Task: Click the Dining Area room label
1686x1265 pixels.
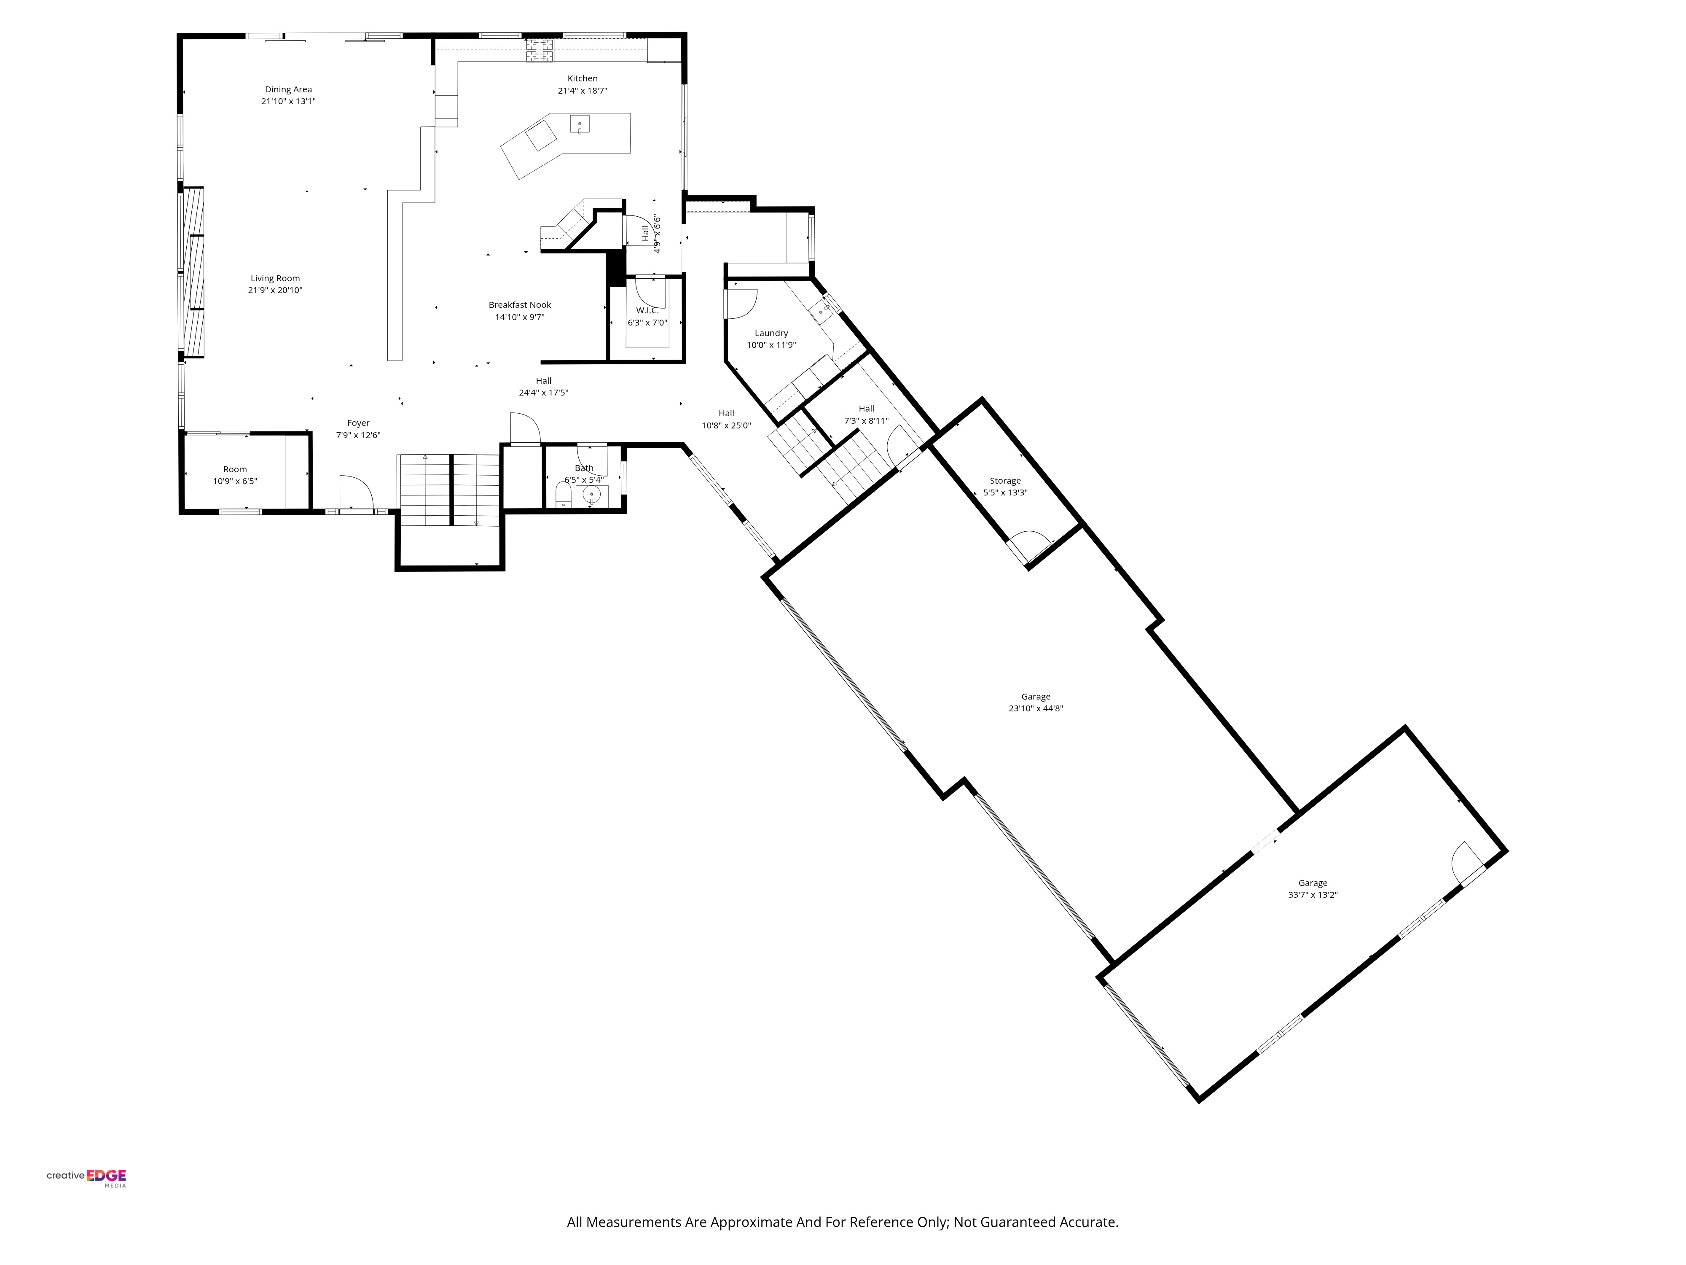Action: [288, 89]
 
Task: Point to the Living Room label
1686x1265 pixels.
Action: [275, 278]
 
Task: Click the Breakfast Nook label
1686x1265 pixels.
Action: [520, 305]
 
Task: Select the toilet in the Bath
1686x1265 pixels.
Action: [563, 495]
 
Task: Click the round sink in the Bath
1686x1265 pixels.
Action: [592, 495]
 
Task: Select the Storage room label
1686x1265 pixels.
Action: [1004, 481]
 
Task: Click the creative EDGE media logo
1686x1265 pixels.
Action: [86, 1176]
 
